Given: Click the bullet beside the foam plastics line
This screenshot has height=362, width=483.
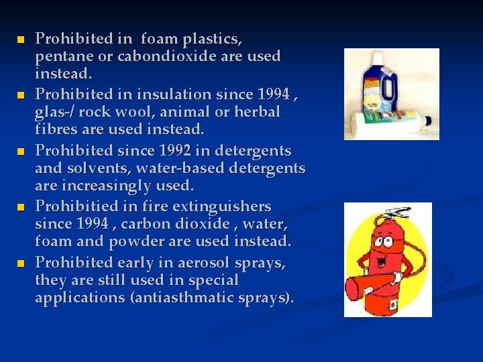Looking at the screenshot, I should click(20, 40).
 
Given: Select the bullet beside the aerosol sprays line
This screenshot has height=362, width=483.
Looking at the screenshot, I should click(20, 263).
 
